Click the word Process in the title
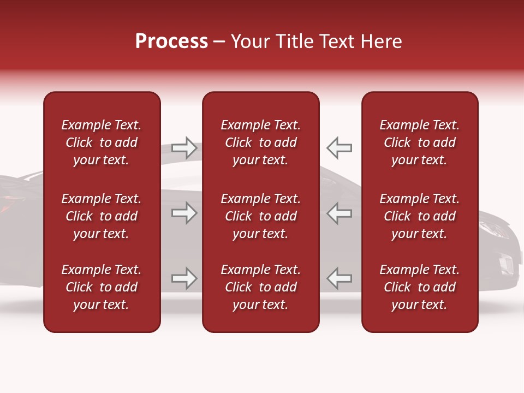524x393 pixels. click(171, 41)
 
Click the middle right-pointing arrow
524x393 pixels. click(184, 213)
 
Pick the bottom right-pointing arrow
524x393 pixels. click(184, 278)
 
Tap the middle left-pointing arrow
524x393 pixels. click(340, 213)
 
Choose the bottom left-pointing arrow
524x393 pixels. click(340, 278)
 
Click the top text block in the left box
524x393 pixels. click(102, 142)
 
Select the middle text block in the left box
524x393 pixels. click(102, 216)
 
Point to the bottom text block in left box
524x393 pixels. click(102, 287)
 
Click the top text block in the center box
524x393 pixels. click(260, 142)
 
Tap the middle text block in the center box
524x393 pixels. click(260, 216)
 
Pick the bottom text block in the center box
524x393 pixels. click(260, 287)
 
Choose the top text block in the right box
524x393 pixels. click(420, 142)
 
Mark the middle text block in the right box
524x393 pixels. click(420, 216)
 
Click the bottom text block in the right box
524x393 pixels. click(420, 287)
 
